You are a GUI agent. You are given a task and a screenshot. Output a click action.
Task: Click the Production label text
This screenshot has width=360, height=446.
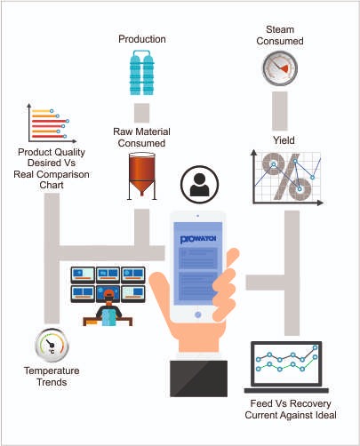142,39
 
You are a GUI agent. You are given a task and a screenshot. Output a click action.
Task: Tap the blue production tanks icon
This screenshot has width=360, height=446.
142,73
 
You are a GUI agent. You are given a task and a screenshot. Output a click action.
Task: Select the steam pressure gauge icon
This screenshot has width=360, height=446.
280,68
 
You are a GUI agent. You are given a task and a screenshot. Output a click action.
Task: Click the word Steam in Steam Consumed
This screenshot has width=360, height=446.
280,29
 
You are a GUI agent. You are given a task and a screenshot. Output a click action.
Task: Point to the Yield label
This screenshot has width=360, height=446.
284,140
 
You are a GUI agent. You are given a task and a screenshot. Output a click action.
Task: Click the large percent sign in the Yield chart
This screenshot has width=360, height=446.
286,177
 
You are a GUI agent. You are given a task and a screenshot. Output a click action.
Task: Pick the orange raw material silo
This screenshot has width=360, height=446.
142,176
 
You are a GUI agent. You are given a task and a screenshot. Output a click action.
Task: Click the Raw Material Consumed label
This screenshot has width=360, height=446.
141,137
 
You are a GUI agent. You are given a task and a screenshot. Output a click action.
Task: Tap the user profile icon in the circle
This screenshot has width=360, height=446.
199,184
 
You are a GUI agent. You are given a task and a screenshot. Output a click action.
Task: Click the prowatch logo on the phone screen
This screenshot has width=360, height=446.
198,238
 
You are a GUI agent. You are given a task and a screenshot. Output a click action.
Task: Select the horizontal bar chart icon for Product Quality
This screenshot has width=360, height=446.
51,123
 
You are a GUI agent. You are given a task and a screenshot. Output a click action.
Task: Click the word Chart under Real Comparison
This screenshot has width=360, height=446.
52,185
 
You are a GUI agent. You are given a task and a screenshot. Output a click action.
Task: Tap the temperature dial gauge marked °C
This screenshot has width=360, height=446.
52,346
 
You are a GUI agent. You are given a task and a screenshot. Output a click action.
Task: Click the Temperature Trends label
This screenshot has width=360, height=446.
52,377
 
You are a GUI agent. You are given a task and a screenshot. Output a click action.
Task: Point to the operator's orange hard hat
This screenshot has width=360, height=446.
108,294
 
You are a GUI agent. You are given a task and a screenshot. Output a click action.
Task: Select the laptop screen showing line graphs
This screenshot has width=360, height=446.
286,364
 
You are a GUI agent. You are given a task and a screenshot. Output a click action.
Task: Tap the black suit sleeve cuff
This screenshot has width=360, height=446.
198,378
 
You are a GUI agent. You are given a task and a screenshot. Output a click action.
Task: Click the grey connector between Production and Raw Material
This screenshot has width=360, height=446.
141,113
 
